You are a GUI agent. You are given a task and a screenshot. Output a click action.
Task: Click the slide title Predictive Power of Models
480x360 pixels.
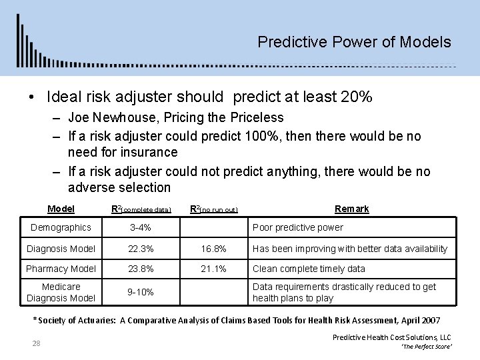coord(354,43)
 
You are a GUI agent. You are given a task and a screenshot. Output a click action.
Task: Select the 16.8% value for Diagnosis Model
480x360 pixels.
coord(213,249)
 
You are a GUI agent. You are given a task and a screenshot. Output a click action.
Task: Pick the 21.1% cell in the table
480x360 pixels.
coord(213,269)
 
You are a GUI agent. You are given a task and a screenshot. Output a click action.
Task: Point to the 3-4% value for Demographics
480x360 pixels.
coord(140,228)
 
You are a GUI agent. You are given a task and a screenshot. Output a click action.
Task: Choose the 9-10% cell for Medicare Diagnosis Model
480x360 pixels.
coord(140,292)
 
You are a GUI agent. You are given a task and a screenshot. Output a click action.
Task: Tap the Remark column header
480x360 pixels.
coord(351,209)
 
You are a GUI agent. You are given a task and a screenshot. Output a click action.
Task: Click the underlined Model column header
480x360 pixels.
coord(61,209)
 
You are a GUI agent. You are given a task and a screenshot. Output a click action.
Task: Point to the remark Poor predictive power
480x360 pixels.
coord(297,228)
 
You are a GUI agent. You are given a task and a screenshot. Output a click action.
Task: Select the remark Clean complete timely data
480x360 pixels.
coord(309,269)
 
